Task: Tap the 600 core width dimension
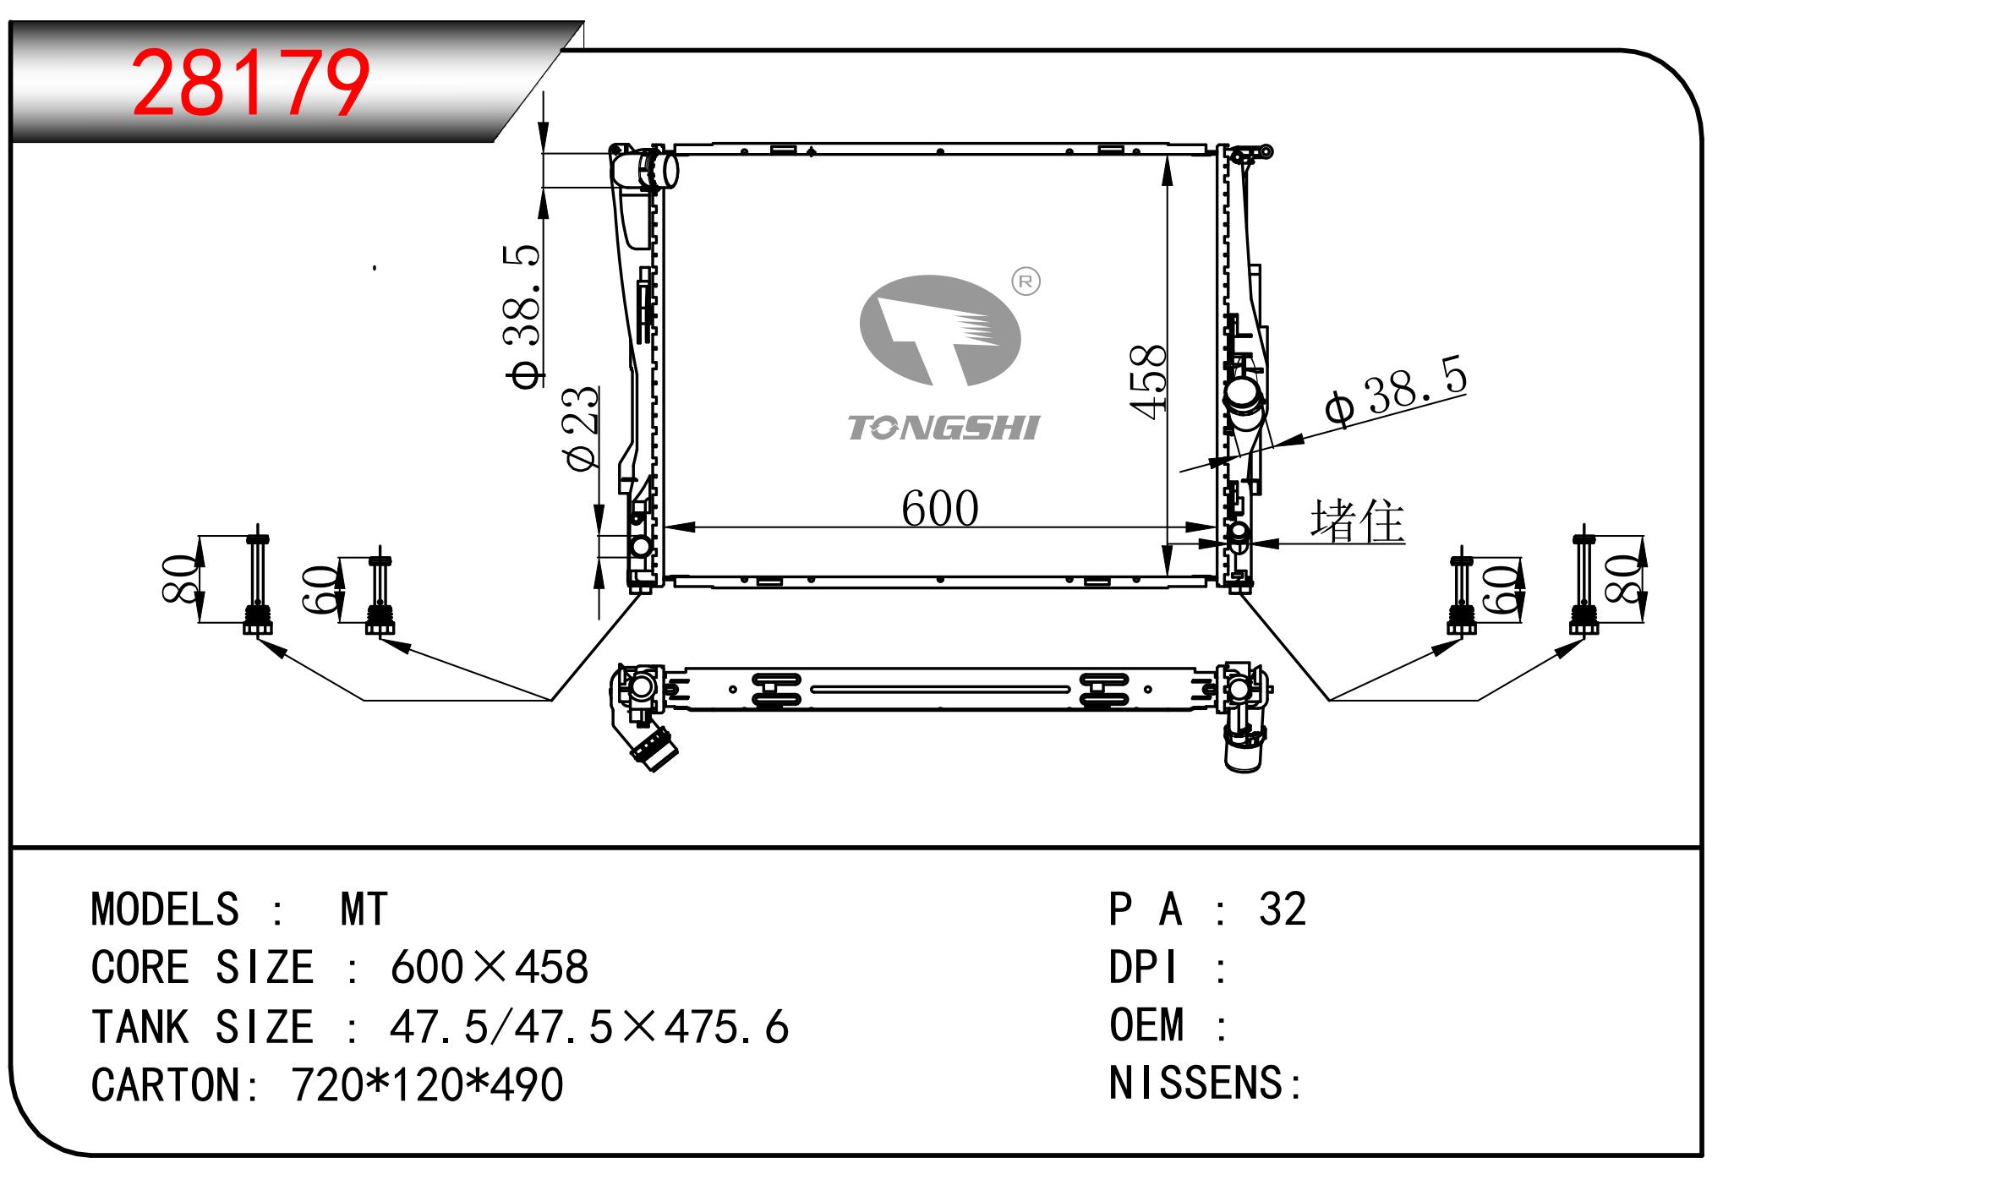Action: tap(940, 508)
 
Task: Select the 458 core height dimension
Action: tap(1148, 381)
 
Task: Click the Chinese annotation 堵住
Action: tap(1357, 520)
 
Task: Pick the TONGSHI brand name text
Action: tap(943, 428)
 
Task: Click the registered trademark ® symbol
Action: tap(1026, 281)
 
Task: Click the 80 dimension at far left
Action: tap(180, 578)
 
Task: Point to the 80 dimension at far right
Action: tap(1623, 579)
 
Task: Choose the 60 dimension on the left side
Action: tap(320, 589)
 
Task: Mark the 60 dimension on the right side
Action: tap(1501, 589)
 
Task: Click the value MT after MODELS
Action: tap(364, 910)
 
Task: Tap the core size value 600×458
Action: tap(489, 968)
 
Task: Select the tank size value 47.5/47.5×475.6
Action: tap(589, 1027)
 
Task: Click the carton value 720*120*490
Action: tap(427, 1085)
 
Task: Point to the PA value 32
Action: tap(1283, 909)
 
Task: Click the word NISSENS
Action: tap(1195, 1084)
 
